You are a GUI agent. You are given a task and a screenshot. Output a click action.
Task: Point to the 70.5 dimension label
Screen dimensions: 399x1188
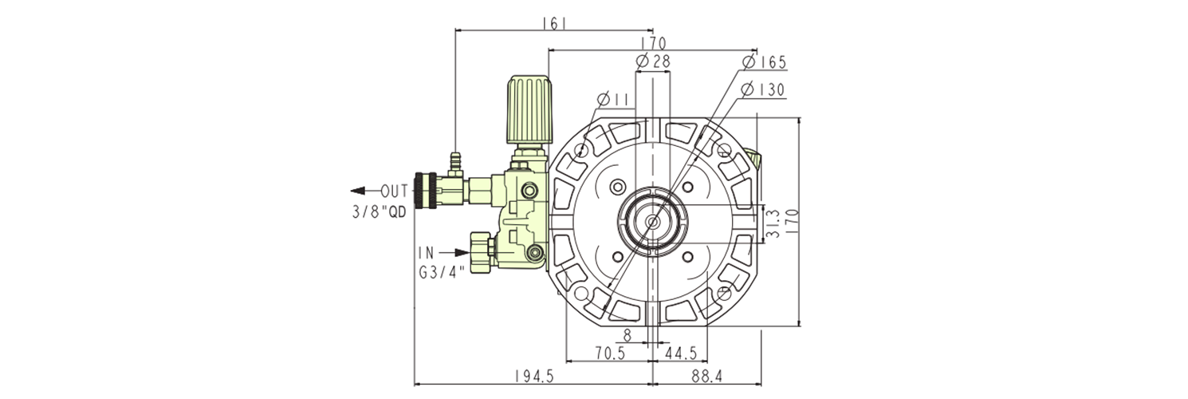611,352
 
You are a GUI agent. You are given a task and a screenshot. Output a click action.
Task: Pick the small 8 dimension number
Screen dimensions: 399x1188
627,335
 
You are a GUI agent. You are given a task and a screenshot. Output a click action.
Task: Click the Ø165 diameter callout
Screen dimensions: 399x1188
764,62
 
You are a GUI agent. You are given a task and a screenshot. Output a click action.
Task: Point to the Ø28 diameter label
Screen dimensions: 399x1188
653,61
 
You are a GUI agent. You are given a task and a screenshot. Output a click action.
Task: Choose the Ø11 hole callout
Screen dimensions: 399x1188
614,99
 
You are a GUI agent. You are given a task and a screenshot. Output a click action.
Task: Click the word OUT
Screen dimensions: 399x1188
394,191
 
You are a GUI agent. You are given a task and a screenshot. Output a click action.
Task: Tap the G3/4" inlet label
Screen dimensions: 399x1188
442,271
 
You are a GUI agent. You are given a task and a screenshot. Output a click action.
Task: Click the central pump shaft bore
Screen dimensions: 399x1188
652,221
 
